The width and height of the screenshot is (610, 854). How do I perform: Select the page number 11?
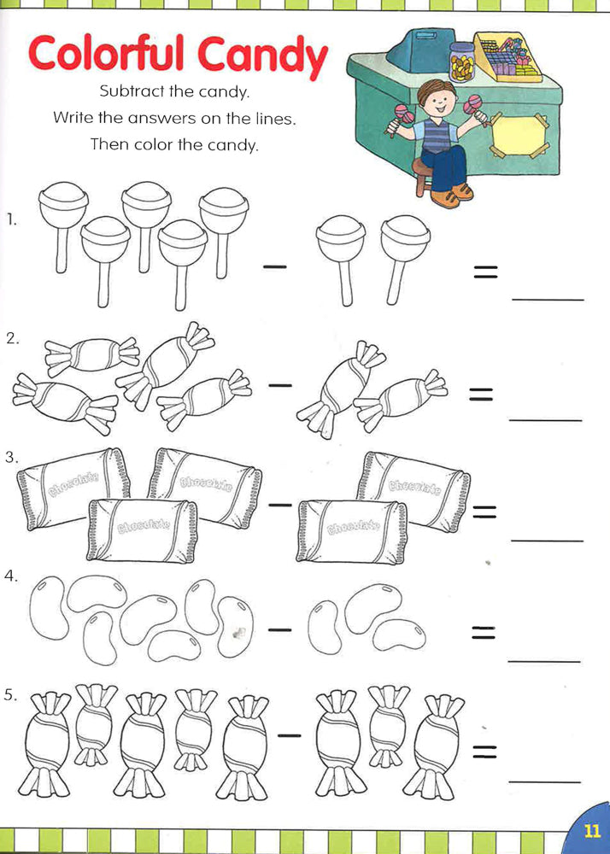pos(591,831)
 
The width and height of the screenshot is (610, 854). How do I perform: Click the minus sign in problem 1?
pos(275,267)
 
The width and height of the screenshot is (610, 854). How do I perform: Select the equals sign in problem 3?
pos(485,511)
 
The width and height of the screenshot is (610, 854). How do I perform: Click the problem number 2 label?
pos(11,338)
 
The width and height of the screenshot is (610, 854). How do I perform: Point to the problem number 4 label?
pos(11,576)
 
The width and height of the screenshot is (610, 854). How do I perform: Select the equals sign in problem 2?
pos(482,394)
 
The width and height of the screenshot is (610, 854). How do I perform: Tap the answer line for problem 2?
pos(545,421)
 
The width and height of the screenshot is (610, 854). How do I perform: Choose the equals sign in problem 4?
pos(484,632)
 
